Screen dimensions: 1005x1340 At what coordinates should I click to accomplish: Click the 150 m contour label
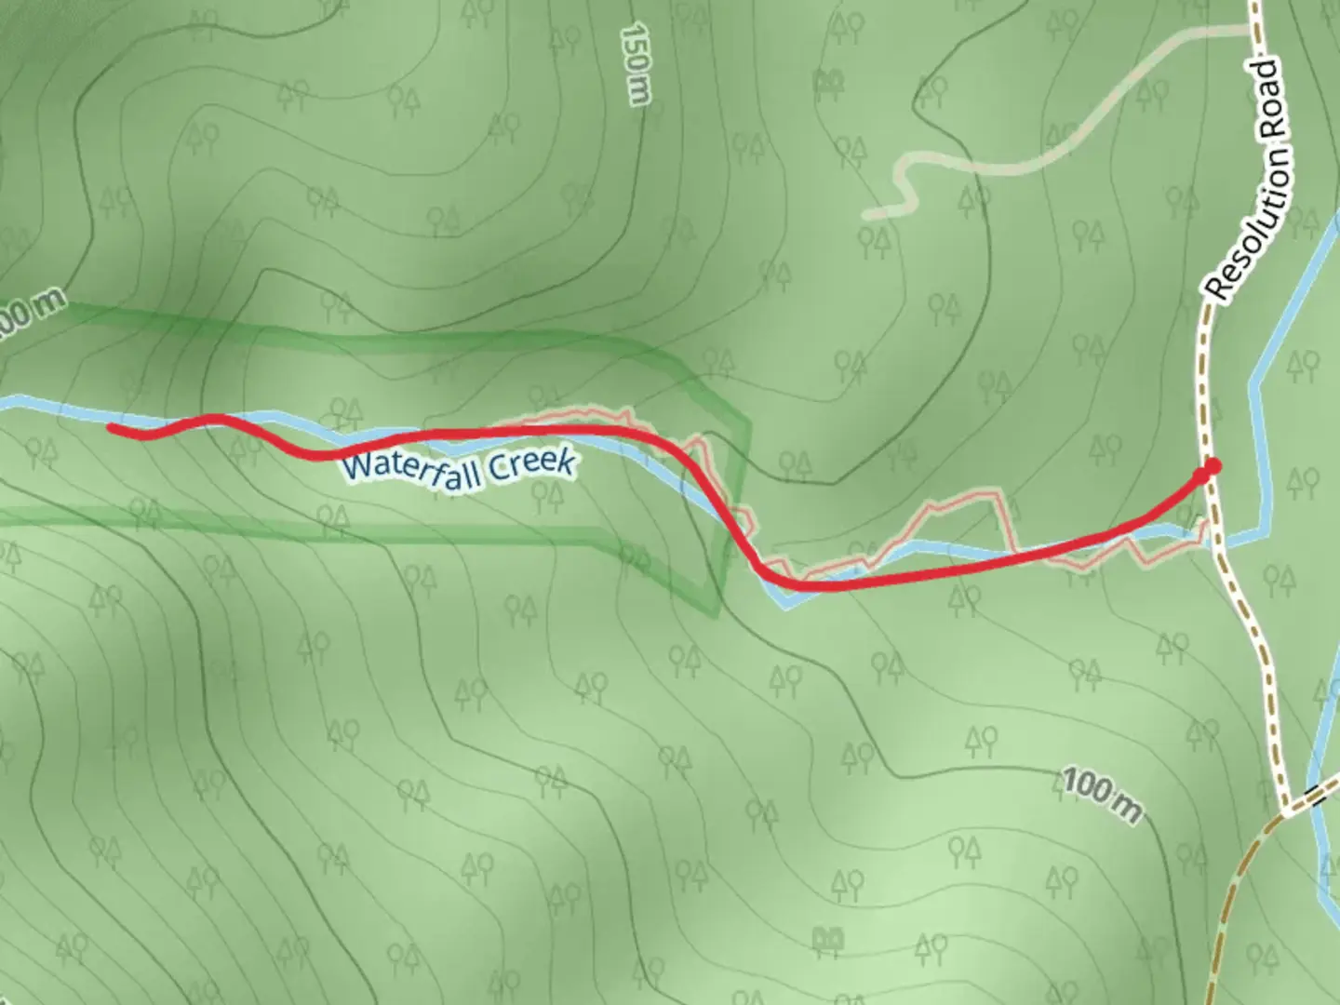[636, 65]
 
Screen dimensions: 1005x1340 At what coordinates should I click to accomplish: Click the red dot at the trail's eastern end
[1213, 466]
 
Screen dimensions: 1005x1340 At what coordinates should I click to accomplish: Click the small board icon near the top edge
[824, 84]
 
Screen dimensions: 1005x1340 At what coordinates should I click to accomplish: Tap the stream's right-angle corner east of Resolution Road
[1264, 532]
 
